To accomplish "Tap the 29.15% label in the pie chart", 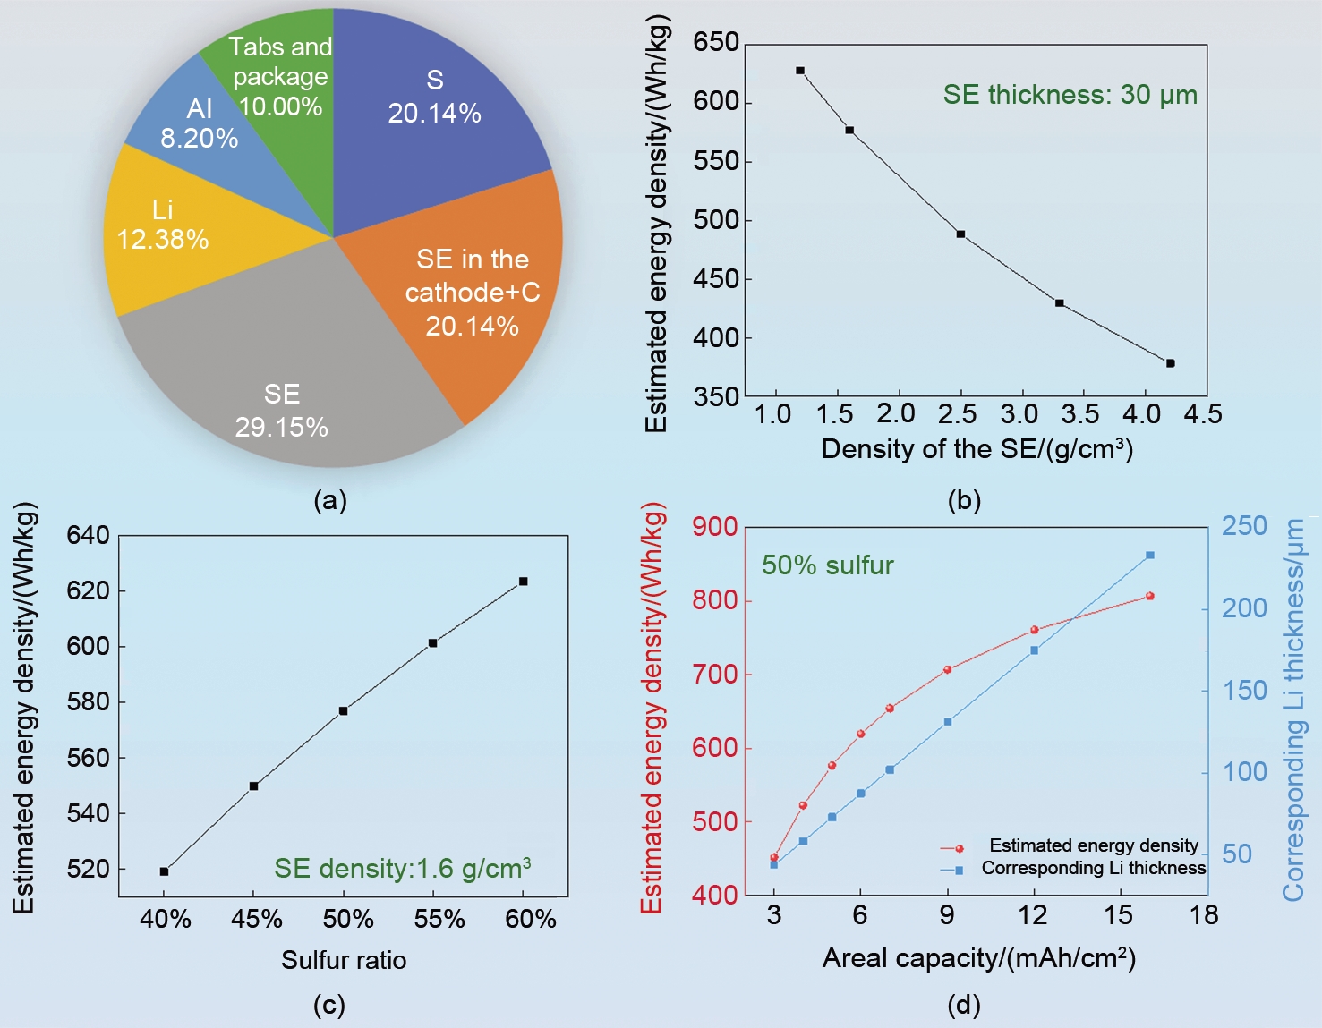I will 281,428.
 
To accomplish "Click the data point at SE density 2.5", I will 960,234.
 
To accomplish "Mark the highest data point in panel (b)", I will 800,71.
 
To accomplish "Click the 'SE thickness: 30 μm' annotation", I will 1070,95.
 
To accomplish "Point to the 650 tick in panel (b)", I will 716,43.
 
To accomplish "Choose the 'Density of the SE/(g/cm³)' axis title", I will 977,449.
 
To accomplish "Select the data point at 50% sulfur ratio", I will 343,711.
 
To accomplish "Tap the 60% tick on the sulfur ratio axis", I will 531,919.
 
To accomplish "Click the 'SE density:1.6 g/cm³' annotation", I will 402,868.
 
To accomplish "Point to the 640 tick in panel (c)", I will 88,536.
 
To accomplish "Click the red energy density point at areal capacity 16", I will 1150,596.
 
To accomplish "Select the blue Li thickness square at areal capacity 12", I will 1035,650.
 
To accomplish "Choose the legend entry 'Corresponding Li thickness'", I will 1093,868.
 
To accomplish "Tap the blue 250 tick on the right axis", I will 1244,526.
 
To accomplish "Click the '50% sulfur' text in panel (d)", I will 827,565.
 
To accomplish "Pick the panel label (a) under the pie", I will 329,500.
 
